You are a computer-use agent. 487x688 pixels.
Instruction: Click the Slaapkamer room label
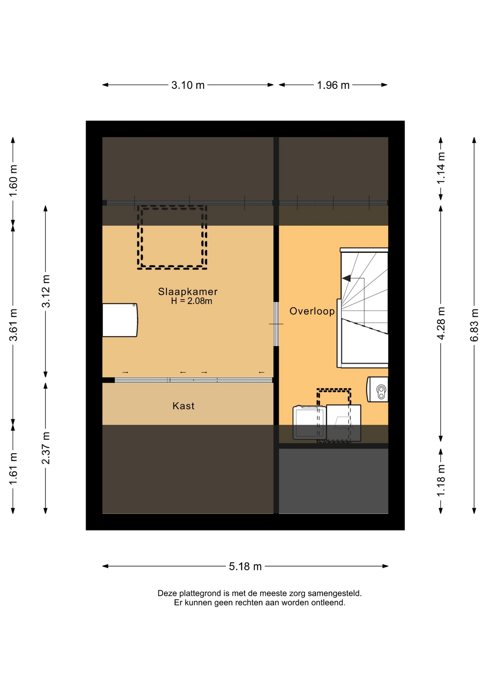click(188, 292)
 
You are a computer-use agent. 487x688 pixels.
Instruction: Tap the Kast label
click(183, 406)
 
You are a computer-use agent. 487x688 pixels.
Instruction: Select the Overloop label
click(312, 311)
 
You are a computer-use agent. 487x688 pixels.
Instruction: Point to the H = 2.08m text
click(192, 301)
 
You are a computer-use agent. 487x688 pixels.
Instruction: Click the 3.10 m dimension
click(188, 85)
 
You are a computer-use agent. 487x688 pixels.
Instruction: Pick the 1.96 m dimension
click(333, 85)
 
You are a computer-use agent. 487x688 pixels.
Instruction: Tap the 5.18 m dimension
click(245, 567)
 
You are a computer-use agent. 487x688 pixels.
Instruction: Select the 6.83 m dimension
click(474, 325)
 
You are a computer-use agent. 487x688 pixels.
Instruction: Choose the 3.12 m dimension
click(46, 291)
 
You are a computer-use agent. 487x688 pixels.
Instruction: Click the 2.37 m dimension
click(46, 448)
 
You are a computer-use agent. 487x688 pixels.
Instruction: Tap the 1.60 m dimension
click(13, 181)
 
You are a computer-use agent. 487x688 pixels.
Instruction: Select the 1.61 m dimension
click(13, 469)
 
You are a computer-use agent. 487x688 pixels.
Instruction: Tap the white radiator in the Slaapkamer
click(120, 320)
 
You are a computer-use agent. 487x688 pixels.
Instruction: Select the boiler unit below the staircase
click(377, 389)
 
